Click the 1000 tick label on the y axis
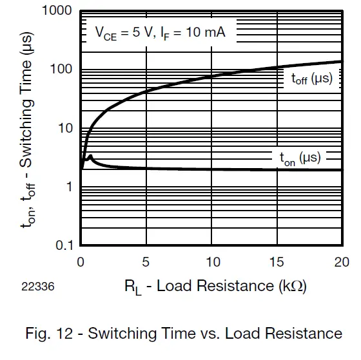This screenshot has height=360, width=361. coord(57,11)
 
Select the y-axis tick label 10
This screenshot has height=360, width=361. coord(64,128)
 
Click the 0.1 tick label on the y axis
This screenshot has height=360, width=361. coord(62,245)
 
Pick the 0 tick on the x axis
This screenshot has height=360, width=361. coord(81,261)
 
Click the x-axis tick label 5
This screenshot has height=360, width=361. coord(146,261)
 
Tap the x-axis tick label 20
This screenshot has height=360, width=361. coord(341,261)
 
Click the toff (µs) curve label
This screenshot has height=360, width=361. coord(307,79)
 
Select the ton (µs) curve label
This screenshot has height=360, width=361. coord(299,158)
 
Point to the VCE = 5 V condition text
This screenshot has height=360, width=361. coord(122,32)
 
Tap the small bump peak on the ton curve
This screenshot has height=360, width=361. coord(91,155)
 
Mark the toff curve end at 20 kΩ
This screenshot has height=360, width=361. coord(341,62)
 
